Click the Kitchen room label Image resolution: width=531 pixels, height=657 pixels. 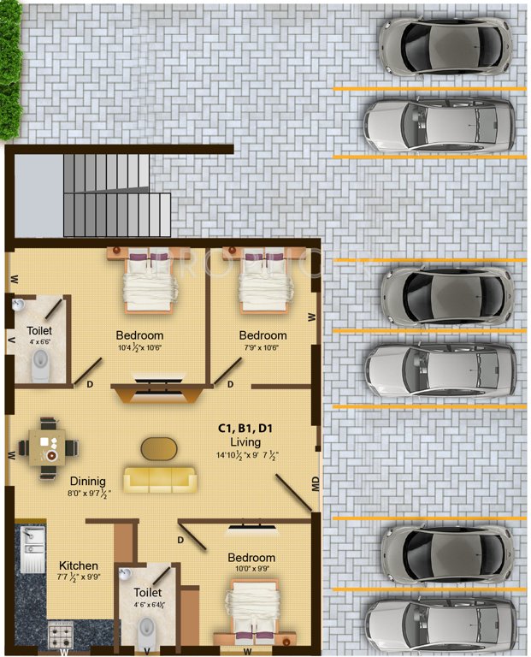(x=78, y=565)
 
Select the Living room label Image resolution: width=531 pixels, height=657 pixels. (x=245, y=441)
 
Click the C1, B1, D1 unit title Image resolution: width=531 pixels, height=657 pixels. (x=246, y=428)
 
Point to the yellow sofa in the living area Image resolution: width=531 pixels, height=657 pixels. (x=161, y=479)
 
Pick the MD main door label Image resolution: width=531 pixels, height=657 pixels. (x=316, y=484)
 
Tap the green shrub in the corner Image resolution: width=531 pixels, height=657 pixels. (x=9, y=68)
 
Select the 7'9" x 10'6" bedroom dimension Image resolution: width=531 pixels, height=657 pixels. (x=263, y=347)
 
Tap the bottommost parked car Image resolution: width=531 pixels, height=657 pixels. (x=440, y=624)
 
